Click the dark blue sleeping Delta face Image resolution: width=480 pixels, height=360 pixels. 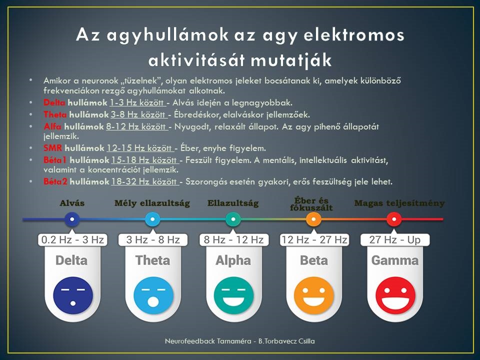[73, 295]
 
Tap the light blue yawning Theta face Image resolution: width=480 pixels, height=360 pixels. [153, 295]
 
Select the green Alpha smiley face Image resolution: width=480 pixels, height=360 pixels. [233, 295]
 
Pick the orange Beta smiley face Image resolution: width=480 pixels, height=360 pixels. [314, 295]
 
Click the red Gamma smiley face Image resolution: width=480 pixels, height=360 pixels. [395, 295]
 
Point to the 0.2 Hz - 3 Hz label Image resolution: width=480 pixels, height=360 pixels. [72, 239]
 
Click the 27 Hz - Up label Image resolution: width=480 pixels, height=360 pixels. [395, 239]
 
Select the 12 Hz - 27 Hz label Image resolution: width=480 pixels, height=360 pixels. [314, 239]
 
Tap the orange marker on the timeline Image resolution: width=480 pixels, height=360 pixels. [313, 219]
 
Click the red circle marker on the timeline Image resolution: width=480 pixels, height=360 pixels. [394, 219]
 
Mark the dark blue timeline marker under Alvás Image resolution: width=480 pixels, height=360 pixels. [72, 219]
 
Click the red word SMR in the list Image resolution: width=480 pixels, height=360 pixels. [52, 148]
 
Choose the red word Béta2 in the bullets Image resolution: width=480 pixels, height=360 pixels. [55, 181]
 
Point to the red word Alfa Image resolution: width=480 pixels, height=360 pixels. [52, 126]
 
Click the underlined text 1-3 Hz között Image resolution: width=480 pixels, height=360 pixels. [137, 102]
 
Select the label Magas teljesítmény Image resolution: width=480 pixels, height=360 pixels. [399, 203]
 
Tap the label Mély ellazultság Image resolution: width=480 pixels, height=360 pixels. [152, 203]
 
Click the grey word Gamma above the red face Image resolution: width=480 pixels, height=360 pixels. [395, 260]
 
